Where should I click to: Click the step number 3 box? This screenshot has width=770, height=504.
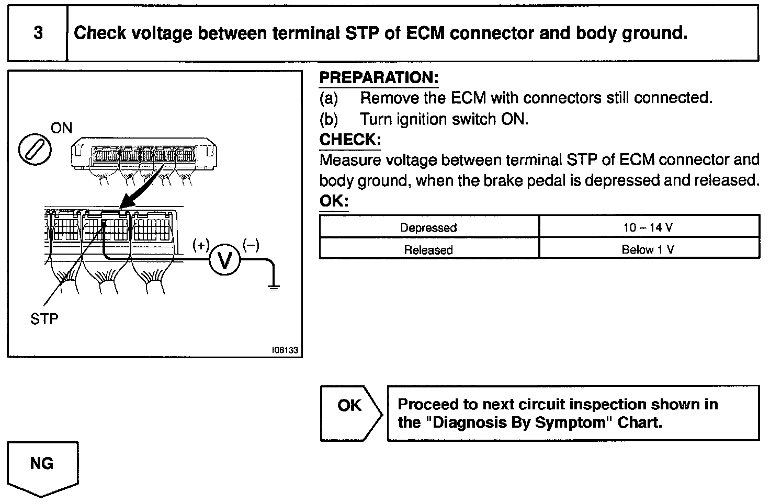[x=38, y=33]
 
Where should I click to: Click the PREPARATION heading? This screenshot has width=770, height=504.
[x=379, y=78]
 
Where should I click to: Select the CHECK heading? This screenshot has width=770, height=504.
[x=350, y=140]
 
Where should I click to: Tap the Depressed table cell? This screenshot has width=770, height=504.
[x=428, y=227]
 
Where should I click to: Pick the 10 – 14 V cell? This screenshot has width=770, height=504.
[x=648, y=227]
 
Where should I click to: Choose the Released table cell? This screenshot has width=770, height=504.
[x=428, y=249]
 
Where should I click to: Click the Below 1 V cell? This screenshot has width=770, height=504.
[x=648, y=249]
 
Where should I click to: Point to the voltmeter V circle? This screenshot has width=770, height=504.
[x=224, y=260]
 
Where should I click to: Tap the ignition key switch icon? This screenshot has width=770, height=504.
[x=35, y=150]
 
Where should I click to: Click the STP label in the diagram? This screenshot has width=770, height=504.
[x=44, y=318]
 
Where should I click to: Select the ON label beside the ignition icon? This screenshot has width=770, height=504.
[x=62, y=128]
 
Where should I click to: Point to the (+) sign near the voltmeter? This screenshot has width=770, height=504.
[x=201, y=245]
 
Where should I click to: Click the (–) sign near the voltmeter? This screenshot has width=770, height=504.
[x=251, y=245]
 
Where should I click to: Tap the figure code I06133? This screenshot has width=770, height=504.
[x=285, y=350]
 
